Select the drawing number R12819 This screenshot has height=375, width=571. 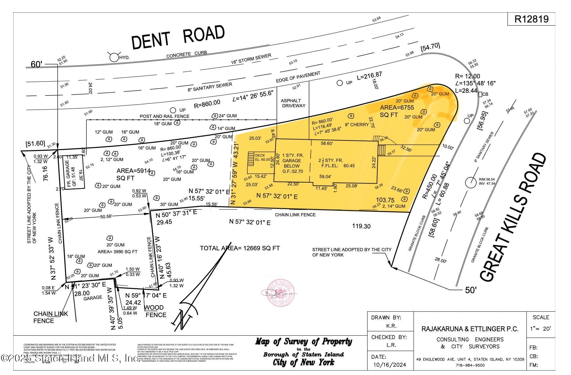tap(531, 19)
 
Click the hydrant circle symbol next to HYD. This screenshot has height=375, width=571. tap(114, 57)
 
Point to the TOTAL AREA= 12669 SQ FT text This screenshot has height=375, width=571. tap(240, 248)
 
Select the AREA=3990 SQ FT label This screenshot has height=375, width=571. tap(117, 252)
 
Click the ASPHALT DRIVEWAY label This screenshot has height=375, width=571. tap(293, 103)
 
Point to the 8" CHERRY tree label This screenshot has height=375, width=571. tap(357, 124)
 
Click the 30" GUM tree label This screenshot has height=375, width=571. tap(169, 204)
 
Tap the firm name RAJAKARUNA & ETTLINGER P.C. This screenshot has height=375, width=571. tap(470, 329)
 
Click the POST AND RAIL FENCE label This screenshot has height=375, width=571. tap(164, 116)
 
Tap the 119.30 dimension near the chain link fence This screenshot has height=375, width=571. tap(361, 226)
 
